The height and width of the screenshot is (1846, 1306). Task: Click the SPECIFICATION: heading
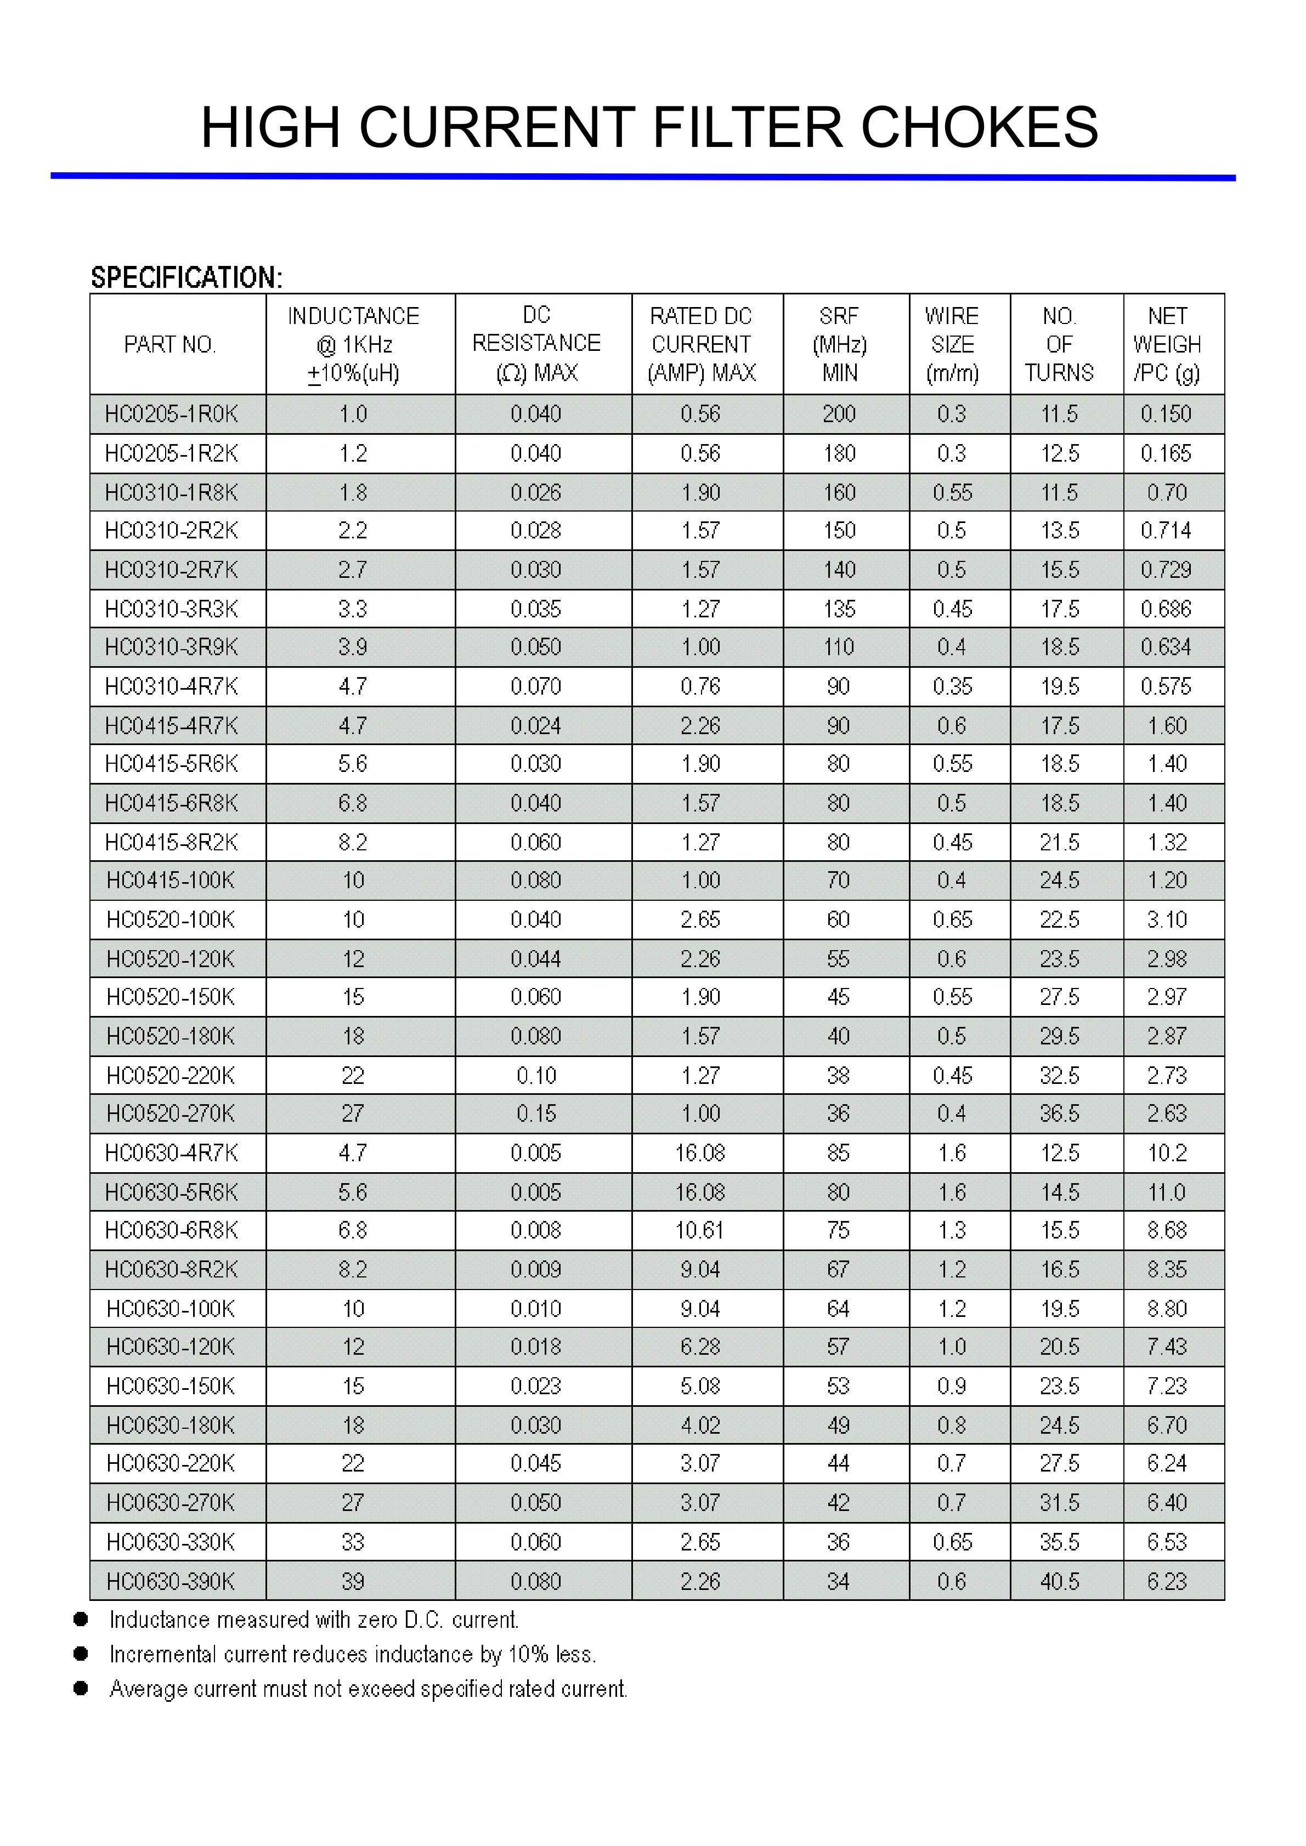point(186,277)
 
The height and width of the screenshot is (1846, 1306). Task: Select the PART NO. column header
point(171,345)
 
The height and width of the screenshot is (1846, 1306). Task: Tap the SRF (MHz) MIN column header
point(840,344)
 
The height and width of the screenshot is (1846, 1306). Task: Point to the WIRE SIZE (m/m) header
point(952,344)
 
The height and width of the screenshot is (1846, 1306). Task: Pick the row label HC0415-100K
point(171,881)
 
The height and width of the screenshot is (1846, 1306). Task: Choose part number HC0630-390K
point(171,1582)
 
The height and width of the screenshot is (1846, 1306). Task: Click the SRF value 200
point(839,414)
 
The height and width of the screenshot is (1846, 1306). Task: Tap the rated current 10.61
point(700,1230)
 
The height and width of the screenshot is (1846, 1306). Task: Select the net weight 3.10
point(1167,919)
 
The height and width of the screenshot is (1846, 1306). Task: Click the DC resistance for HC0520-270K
point(536,1114)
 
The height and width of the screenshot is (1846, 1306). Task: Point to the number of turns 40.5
point(1060,1582)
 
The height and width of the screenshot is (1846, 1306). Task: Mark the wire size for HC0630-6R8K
point(952,1230)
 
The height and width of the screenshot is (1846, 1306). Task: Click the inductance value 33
point(353,1542)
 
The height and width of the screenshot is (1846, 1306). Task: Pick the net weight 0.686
point(1166,609)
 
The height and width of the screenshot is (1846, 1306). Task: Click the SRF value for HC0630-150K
point(839,1386)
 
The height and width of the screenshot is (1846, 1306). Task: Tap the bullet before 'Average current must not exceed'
point(81,1689)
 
